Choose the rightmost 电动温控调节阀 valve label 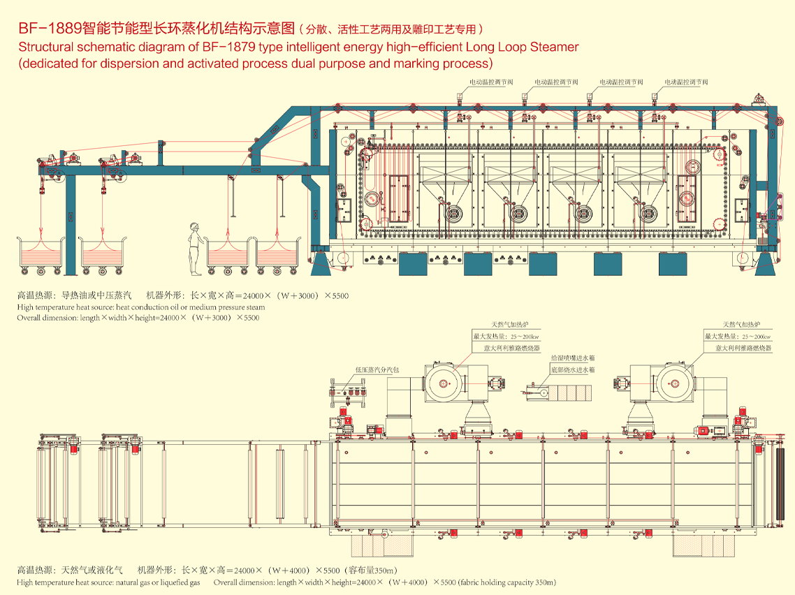(686, 82)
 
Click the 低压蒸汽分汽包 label (377, 369)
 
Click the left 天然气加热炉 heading (493, 325)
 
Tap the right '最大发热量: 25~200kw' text (737, 336)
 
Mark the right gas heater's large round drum (674, 383)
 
